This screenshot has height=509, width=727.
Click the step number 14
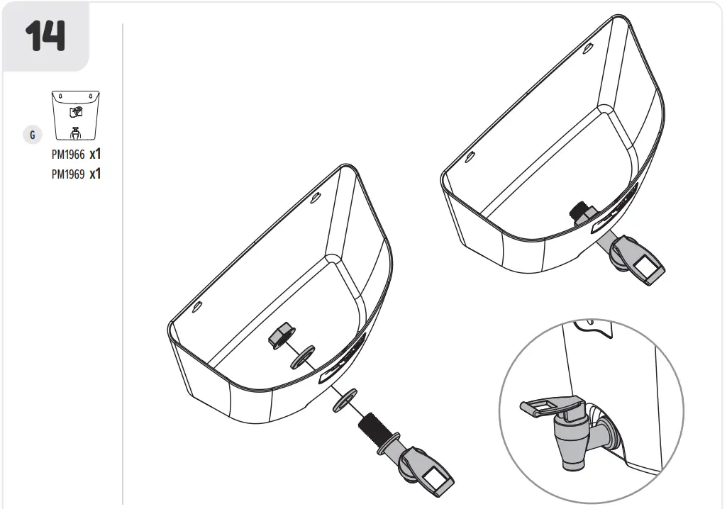click(x=45, y=35)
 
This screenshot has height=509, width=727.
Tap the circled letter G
click(x=32, y=135)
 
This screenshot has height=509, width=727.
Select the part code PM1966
click(x=67, y=154)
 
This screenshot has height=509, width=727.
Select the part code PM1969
click(x=67, y=174)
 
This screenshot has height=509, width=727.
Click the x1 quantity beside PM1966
click(x=95, y=153)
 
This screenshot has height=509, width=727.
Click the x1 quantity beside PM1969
click(x=95, y=174)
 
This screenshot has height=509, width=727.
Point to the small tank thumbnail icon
click(x=75, y=117)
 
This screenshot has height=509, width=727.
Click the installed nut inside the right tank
click(x=584, y=211)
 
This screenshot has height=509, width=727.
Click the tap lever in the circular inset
click(x=546, y=405)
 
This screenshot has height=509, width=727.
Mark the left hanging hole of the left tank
click(x=198, y=307)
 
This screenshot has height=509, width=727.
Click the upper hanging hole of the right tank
click(x=588, y=49)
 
